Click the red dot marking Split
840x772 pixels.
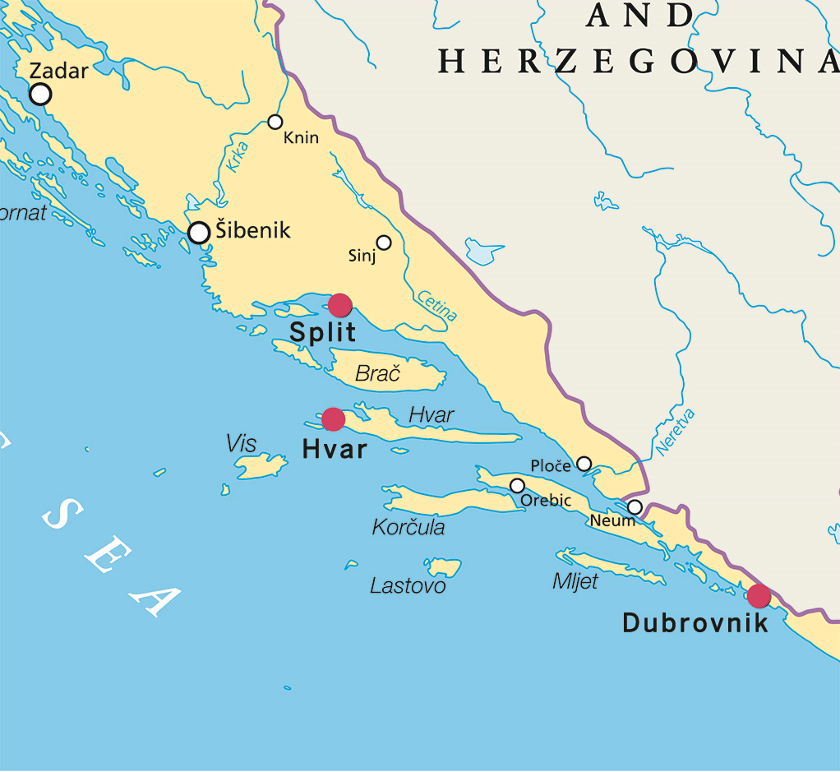340,305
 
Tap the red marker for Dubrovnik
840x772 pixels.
759,596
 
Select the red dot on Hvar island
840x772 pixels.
333,419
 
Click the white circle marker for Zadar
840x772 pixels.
40,95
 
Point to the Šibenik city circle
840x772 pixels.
199,233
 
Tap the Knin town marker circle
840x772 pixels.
275,122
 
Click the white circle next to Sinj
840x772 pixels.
384,243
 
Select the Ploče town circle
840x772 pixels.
584,464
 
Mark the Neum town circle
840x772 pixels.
635,507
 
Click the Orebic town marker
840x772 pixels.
517,486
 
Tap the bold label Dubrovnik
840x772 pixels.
695,623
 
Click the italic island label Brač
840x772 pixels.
377,375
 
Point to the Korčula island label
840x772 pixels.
408,528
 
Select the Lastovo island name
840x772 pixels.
408,586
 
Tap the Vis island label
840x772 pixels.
242,445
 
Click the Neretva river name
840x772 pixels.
675,432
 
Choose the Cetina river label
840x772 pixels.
437,305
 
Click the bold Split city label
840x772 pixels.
322,333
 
